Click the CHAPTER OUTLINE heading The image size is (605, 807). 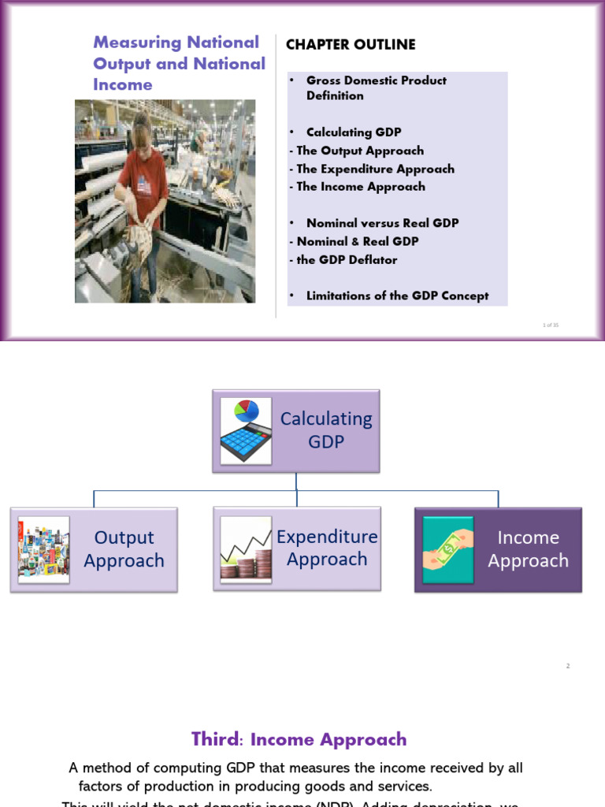[x=351, y=45]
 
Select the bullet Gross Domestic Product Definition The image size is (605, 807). [x=376, y=88]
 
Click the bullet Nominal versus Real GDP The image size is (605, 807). [x=382, y=223]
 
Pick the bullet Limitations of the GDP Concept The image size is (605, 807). [x=397, y=296]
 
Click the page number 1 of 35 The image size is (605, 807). [x=551, y=325]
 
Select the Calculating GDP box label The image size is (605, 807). [x=326, y=430]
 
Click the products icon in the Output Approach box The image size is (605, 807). [x=43, y=549]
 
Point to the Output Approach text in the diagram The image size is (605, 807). [x=124, y=549]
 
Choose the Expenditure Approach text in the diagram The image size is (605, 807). [x=327, y=549]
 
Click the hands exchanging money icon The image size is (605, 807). [x=447, y=549]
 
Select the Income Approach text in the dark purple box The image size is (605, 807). [x=528, y=549]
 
